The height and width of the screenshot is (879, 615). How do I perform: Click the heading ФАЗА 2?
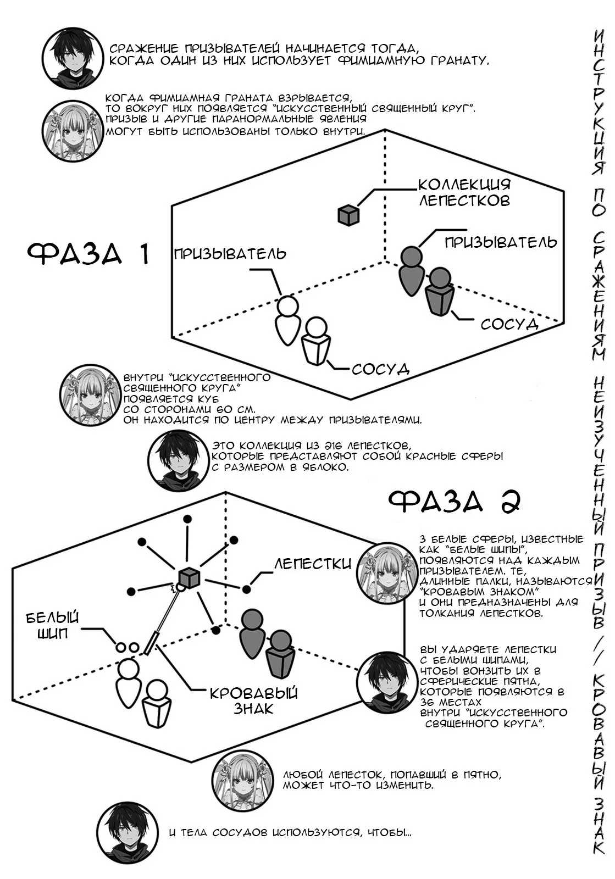tap(454, 501)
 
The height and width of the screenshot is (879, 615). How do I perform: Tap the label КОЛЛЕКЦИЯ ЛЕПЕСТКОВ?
tap(464, 193)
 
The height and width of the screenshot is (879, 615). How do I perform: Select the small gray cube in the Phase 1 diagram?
tap(348, 215)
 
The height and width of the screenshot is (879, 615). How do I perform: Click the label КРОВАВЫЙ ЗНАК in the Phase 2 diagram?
tap(254, 700)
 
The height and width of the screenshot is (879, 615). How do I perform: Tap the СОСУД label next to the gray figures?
tap(509, 324)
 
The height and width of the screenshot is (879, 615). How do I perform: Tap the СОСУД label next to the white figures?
tap(380, 369)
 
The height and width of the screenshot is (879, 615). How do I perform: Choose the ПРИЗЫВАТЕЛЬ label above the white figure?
tap(230, 254)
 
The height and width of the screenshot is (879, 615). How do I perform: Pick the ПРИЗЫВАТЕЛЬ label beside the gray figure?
tap(501, 242)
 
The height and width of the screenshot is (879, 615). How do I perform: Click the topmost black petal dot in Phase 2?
tap(187, 519)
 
